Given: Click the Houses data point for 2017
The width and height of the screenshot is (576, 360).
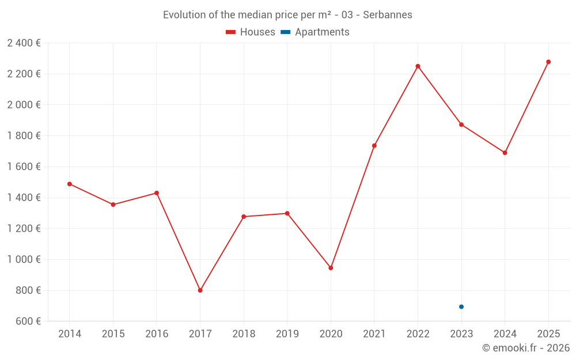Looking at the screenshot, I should (x=200, y=290).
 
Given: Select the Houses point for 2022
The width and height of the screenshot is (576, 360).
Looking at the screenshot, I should (x=418, y=66).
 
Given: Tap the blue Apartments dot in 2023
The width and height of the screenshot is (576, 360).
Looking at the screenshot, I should (x=461, y=307).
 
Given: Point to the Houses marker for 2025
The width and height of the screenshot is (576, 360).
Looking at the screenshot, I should (x=548, y=62).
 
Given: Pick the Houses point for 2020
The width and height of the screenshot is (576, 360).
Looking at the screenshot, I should (x=331, y=268).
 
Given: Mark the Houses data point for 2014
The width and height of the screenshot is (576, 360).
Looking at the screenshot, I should (x=70, y=184).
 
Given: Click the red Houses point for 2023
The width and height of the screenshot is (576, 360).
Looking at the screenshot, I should (x=461, y=124).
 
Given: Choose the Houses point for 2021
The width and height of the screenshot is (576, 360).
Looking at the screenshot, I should (x=374, y=146).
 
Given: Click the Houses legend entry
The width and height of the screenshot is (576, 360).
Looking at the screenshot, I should (x=251, y=32).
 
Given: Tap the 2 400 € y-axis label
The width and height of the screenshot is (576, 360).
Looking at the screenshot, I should (x=24, y=43).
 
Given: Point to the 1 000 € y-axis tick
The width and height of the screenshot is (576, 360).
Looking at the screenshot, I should (x=24, y=260).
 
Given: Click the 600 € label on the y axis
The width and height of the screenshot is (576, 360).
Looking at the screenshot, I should (x=28, y=321).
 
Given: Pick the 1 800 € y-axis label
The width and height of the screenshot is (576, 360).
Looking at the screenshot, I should (x=24, y=136).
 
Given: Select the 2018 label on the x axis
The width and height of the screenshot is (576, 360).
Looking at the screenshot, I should (x=244, y=334).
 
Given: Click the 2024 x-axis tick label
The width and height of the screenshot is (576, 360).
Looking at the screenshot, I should (x=505, y=334).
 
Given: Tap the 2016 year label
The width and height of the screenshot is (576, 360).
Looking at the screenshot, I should (x=157, y=334).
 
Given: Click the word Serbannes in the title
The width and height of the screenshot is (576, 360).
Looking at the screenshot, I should (x=388, y=15).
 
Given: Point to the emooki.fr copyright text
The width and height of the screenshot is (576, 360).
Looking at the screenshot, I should (x=526, y=348).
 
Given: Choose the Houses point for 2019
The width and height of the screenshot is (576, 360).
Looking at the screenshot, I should (x=287, y=213).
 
